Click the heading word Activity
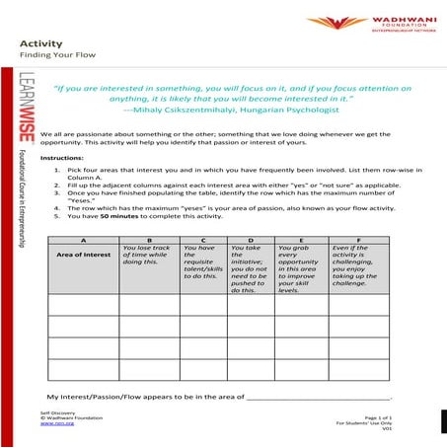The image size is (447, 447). [38, 44]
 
